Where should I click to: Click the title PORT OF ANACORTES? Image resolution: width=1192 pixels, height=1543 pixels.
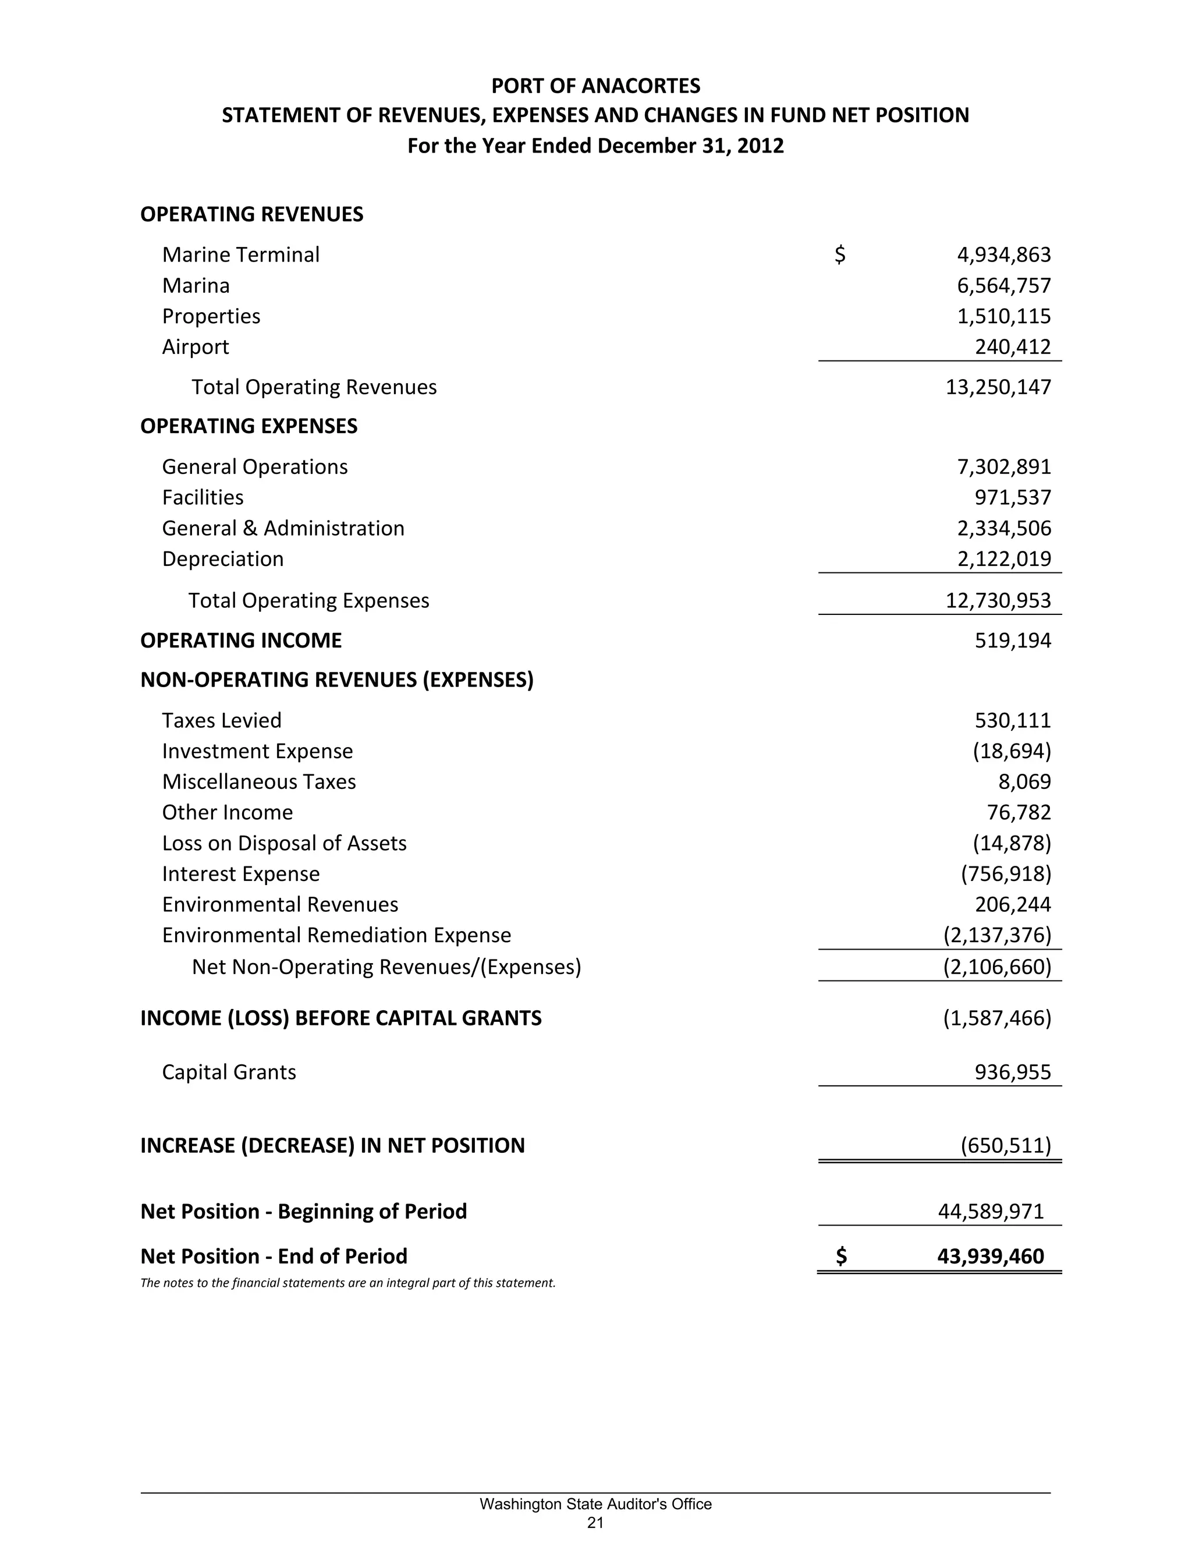pyautogui.click(x=595, y=86)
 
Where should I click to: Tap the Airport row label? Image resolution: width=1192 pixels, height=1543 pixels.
pyautogui.click(x=196, y=347)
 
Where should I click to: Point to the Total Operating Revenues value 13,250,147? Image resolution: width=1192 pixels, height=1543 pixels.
pyautogui.click(x=998, y=387)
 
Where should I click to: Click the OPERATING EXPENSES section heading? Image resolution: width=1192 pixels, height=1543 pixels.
pyautogui.click(x=249, y=426)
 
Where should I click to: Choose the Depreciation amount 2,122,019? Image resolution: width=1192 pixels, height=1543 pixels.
pyautogui.click(x=1003, y=559)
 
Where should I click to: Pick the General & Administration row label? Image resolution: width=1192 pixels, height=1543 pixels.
pyautogui.click(x=283, y=529)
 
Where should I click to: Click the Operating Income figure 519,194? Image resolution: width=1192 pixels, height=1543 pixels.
pyautogui.click(x=1013, y=641)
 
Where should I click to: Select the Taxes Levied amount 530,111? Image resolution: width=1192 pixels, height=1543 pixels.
pyautogui.click(x=1013, y=721)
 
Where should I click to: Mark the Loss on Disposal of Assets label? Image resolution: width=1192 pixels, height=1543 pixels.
pyautogui.click(x=284, y=844)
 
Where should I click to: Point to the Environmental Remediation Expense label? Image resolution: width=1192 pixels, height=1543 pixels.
pyautogui.click(x=336, y=936)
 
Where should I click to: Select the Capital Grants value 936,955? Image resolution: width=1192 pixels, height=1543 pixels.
pyautogui.click(x=1013, y=1073)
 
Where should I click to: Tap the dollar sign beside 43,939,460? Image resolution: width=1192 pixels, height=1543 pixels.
pyautogui.click(x=841, y=1256)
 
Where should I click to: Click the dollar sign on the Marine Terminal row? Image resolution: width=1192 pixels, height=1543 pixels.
pyautogui.click(x=840, y=254)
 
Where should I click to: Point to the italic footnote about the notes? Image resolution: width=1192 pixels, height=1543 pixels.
pyautogui.click(x=347, y=1283)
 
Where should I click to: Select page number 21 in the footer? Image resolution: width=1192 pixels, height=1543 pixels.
pyautogui.click(x=595, y=1523)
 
